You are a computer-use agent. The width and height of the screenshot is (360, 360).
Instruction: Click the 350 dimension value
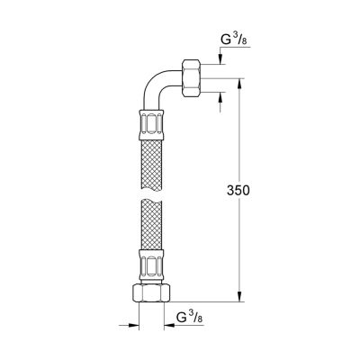point(238,191)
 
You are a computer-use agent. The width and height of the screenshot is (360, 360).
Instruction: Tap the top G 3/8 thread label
point(234,40)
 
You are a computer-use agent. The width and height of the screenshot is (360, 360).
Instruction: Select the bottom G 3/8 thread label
point(190,318)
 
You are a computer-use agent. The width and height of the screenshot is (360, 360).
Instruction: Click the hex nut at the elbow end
point(191,78)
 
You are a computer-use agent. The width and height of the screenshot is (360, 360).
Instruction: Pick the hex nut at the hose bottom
point(151,292)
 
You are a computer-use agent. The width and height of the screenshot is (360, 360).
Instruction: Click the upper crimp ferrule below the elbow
point(151,124)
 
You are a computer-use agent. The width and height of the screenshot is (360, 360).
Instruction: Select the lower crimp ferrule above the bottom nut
point(151,265)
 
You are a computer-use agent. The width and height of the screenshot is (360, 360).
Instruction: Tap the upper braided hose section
point(151,164)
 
